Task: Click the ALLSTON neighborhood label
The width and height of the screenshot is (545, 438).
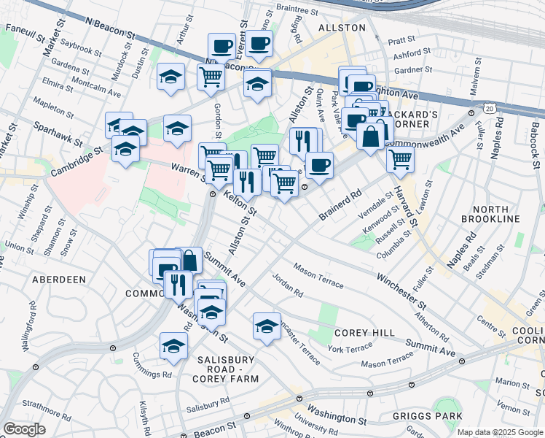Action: pyautogui.click(x=342, y=27)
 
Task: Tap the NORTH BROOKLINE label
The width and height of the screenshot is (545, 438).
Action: pyautogui.click(x=490, y=214)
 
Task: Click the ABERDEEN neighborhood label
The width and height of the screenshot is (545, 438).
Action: pyautogui.click(x=59, y=279)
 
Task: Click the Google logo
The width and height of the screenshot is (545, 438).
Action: pyautogui.click(x=24, y=429)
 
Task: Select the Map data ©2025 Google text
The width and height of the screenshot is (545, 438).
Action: pyautogui.click(x=500, y=432)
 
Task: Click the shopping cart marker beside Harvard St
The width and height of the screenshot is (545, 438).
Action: pyautogui.click(x=399, y=158)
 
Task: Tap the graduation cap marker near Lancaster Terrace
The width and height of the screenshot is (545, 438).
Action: pyautogui.click(x=267, y=325)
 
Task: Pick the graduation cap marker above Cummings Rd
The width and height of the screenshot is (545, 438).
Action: pyautogui.click(x=173, y=346)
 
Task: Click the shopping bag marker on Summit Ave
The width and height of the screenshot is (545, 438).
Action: pyautogui.click(x=189, y=259)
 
